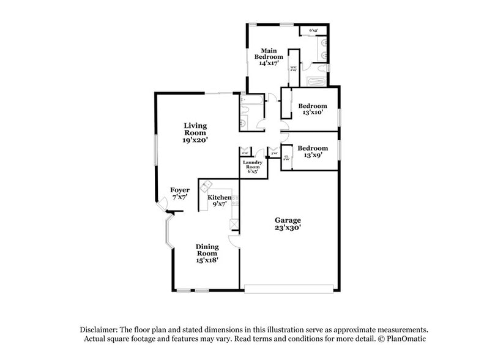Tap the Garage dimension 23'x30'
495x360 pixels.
click(288, 227)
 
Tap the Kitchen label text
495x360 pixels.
click(219, 198)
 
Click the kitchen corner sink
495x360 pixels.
click(207, 186)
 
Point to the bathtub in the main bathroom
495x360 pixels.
click(316, 81)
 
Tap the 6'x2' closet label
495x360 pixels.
click(313, 30)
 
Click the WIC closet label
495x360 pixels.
click(293, 67)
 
